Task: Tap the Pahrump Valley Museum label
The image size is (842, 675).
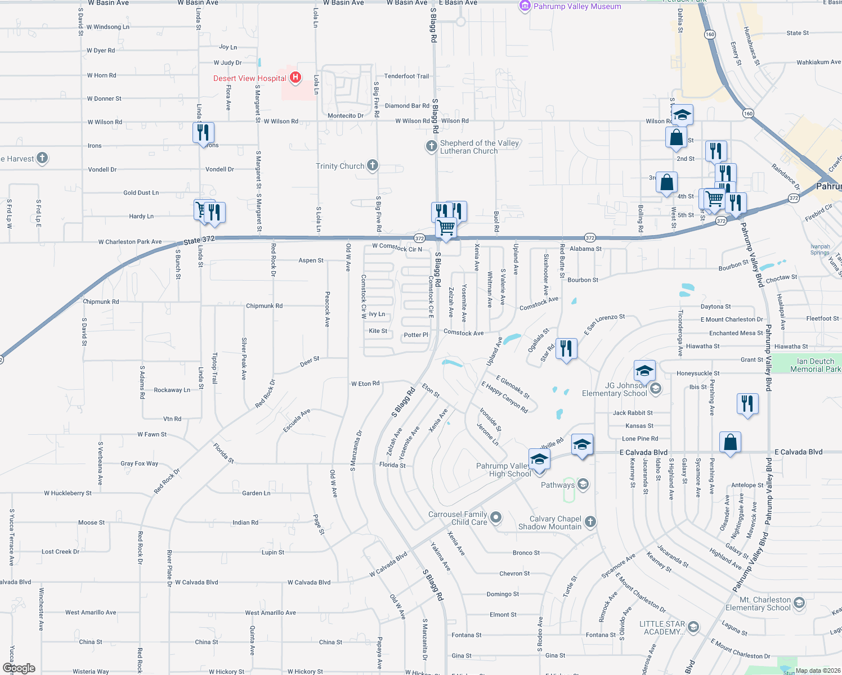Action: [x=577, y=6]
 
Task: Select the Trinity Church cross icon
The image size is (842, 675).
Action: [x=372, y=165]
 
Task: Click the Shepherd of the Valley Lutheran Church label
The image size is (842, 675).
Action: [x=469, y=147]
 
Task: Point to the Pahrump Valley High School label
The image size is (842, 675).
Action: [x=503, y=470]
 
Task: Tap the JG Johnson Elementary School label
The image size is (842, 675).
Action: [x=614, y=389]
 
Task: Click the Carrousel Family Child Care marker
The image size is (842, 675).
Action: [x=496, y=517]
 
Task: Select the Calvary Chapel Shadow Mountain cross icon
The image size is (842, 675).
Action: [x=590, y=521]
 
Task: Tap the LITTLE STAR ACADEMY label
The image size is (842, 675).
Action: [x=662, y=628]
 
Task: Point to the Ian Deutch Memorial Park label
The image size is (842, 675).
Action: [x=815, y=365]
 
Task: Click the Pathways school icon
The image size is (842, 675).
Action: [x=583, y=484]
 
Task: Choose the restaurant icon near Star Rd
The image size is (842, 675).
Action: [x=566, y=348]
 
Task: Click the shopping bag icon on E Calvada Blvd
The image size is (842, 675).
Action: [x=730, y=442]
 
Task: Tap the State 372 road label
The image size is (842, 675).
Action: [x=199, y=240]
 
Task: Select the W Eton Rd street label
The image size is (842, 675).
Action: [x=365, y=384]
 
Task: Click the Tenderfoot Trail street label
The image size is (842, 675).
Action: [x=406, y=76]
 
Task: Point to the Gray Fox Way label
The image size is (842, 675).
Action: [x=139, y=463]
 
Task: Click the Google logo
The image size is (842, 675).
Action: [x=19, y=668]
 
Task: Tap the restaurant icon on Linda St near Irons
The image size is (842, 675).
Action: [x=203, y=132]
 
